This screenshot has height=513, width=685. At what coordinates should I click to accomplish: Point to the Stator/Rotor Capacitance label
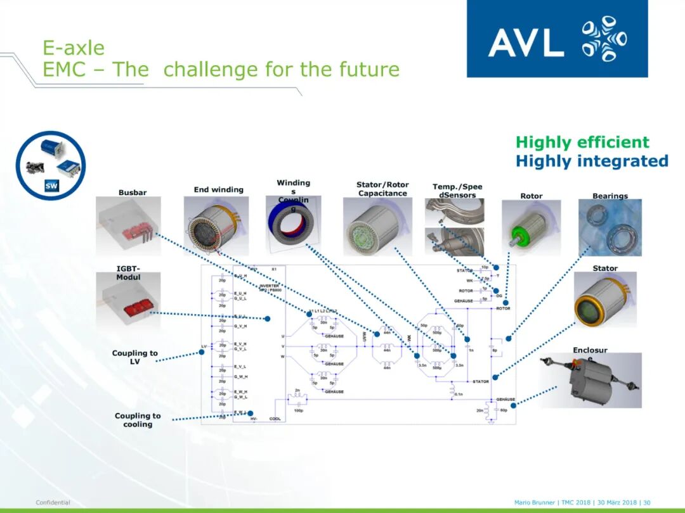pyautogui.click(x=382, y=189)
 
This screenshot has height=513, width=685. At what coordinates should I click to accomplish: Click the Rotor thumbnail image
pyautogui.click(x=531, y=227)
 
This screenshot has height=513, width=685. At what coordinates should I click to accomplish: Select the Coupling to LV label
pyautogui.click(x=134, y=357)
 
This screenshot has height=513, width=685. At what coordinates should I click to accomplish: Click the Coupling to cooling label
pyautogui.click(x=138, y=420)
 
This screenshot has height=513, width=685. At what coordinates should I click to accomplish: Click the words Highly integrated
pyautogui.click(x=592, y=161)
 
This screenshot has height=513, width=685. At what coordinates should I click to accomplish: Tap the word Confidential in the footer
pyautogui.click(x=53, y=502)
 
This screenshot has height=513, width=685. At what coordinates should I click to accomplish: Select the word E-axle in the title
pyautogui.click(x=74, y=47)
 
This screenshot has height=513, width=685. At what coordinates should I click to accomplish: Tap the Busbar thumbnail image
pyautogui.click(x=128, y=225)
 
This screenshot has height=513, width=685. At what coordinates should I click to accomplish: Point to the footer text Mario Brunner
pyautogui.click(x=534, y=502)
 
